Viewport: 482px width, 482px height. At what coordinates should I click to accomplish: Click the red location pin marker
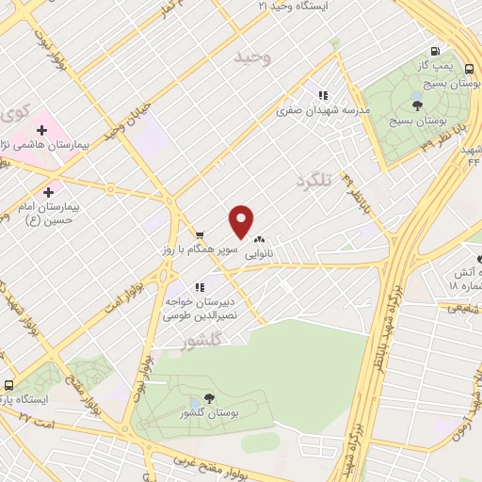point(242,221)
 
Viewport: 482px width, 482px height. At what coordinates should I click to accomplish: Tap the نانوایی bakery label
point(261,254)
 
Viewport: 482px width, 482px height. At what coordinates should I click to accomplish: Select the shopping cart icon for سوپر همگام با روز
point(200,234)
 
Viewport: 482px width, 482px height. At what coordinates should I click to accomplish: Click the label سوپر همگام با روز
point(201,251)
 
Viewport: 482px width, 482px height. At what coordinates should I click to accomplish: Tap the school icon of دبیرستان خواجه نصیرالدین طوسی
point(200,287)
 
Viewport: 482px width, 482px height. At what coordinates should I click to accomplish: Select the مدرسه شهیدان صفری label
point(324,110)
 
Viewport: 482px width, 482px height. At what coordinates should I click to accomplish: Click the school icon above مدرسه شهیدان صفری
point(323,95)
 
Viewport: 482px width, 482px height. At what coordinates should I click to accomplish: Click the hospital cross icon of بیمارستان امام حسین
point(48,192)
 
